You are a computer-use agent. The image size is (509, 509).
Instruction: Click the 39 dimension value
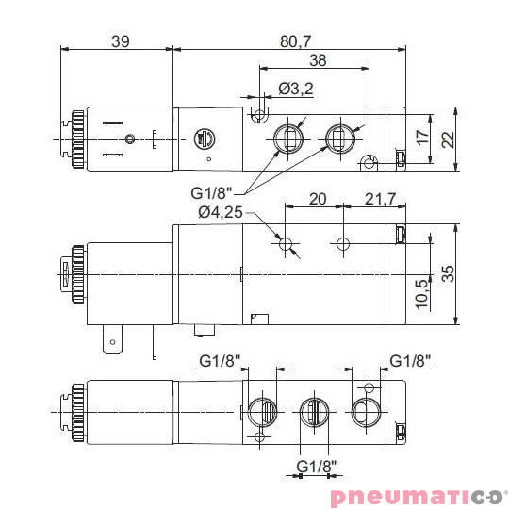point(121,41)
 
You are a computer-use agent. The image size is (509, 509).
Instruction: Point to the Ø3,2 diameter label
point(296,90)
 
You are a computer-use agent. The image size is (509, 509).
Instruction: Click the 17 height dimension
point(423,137)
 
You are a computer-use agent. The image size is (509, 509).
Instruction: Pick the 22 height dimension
point(448,140)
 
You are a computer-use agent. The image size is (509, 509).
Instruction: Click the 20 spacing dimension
point(317,199)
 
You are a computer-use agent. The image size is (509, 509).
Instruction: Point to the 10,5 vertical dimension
point(421,296)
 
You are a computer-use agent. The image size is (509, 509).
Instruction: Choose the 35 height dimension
point(448,274)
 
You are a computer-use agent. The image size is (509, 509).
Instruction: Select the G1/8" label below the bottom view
point(317,467)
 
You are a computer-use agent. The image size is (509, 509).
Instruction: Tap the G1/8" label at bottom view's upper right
point(410,360)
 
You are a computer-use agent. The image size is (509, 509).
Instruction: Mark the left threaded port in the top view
point(286,140)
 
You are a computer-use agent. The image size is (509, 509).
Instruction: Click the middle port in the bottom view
point(313,412)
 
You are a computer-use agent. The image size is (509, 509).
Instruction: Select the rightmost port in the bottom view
point(366,412)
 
